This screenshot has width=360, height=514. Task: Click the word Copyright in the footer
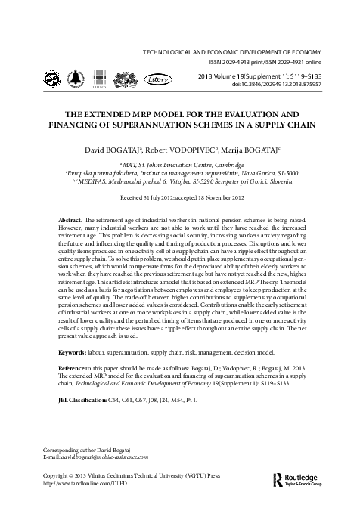tap(51, 476)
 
